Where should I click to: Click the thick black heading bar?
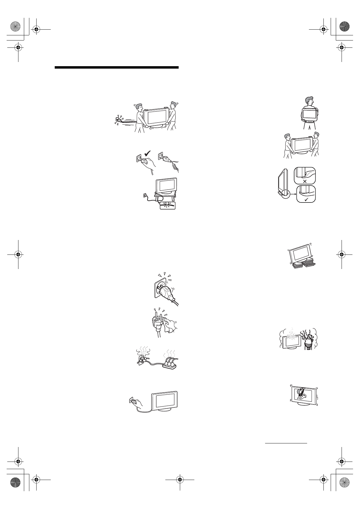tap(117, 67)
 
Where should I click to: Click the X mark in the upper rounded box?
tap(304, 181)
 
